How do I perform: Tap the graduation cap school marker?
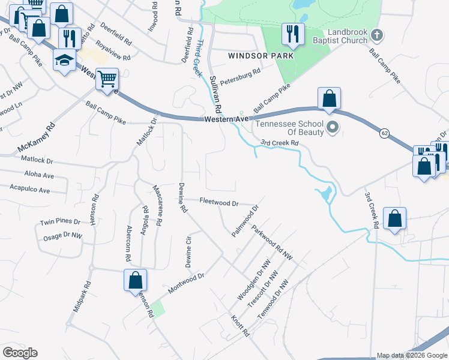pos(64,59)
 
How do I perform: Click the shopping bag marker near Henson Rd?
pos(136,280)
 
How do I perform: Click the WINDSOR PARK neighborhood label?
pos(261,56)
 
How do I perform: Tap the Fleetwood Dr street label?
pos(219,203)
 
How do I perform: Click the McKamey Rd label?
pos(37,137)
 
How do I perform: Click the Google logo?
pos(20,353)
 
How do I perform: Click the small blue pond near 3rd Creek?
pos(325,193)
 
